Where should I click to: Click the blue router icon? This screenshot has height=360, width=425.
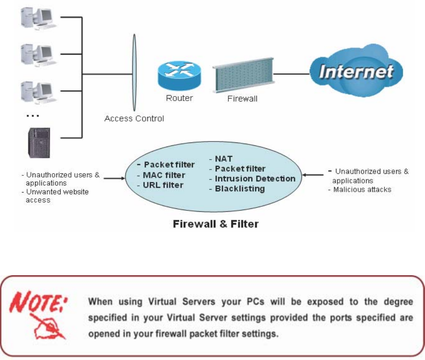coord(180,75)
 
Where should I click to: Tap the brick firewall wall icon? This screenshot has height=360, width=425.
coord(243,75)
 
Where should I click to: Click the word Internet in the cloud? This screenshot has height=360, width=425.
coord(356,71)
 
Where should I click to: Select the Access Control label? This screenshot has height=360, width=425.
coord(134,119)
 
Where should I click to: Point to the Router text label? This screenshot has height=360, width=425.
coord(180,98)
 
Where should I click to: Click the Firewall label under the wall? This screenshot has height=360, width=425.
coord(242,99)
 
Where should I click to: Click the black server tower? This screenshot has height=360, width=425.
coord(39,143)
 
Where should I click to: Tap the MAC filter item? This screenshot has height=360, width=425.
coord(164,175)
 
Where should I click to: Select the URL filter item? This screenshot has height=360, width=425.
coord(163,185)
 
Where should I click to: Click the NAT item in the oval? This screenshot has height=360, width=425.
coord(224,159)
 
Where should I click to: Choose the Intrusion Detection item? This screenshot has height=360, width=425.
coord(255,179)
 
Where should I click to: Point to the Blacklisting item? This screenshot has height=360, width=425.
coord(240,189)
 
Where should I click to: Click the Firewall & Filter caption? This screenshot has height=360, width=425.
coord(216,224)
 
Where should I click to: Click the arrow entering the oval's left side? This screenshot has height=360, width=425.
coord(114,178)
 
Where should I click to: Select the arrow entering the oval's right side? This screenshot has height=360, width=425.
coord(313,175)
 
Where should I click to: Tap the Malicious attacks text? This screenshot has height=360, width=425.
coord(362,190)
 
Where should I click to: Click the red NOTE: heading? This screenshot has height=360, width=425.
coord(38,302)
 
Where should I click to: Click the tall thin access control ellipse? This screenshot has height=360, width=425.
coord(134,73)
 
